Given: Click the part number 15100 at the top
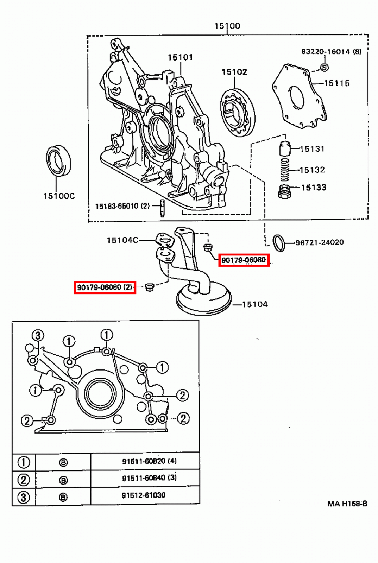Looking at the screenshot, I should pyautogui.click(x=227, y=26).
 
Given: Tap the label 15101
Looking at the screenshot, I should pyautogui.click(x=180, y=57).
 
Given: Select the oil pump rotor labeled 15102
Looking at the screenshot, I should pyautogui.click(x=238, y=112).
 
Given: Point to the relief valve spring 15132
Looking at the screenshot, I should pyautogui.click(x=285, y=170).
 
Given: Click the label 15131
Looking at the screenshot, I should pyautogui.click(x=312, y=149).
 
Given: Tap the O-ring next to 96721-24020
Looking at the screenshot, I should pyautogui.click(x=279, y=243).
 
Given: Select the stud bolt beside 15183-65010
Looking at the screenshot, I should pyautogui.click(x=162, y=208).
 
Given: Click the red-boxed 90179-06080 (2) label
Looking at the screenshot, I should pyautogui.click(x=105, y=287).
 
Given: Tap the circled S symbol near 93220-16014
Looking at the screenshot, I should pyautogui.click(x=324, y=67).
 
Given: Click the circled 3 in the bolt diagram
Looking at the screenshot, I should pyautogui.click(x=38, y=335).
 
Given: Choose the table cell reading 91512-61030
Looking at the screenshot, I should pyautogui.click(x=144, y=495).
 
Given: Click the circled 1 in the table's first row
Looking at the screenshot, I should pyautogui.click(x=24, y=462).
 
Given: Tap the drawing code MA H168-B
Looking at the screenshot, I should pyautogui.click(x=347, y=504).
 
